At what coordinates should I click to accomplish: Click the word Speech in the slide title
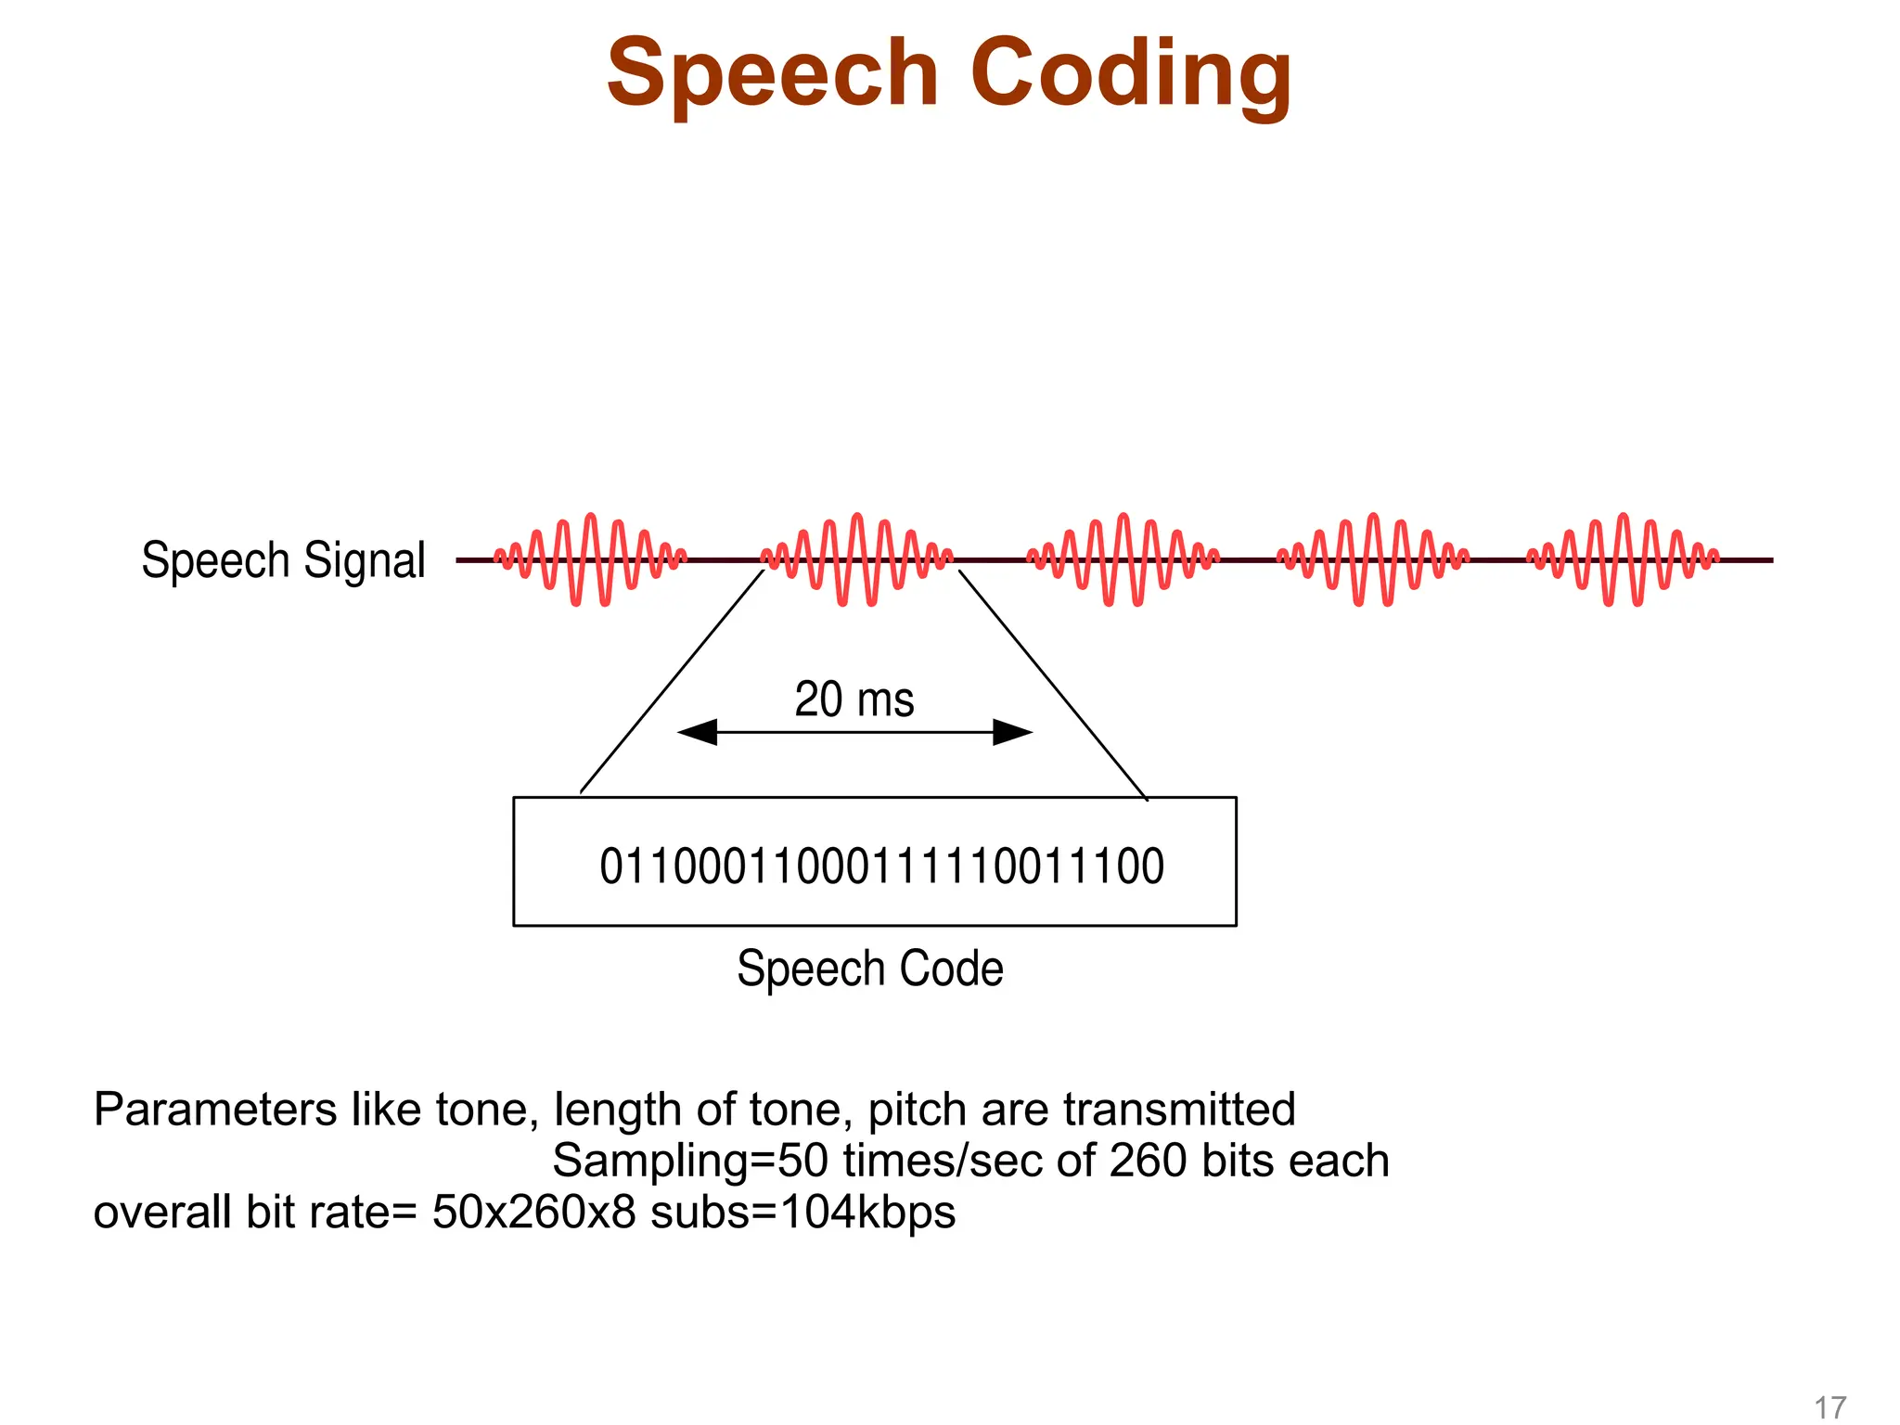coord(773,74)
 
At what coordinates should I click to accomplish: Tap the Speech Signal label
coord(283,560)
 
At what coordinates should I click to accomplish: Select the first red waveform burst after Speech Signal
coord(590,559)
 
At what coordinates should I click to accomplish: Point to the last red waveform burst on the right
coord(1623,559)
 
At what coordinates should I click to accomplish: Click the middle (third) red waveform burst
coord(1123,559)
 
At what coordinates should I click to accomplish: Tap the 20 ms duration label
coord(854,700)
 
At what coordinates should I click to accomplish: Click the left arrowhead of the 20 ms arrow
coord(698,732)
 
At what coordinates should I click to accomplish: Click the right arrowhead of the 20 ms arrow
coord(1012,732)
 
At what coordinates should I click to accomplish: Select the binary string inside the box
coord(881,867)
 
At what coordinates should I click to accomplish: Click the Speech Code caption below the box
coord(869,969)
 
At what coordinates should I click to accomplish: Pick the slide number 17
coord(1829,1407)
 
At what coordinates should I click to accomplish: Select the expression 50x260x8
coord(533,1213)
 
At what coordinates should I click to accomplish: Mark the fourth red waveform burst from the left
coord(1373,559)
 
